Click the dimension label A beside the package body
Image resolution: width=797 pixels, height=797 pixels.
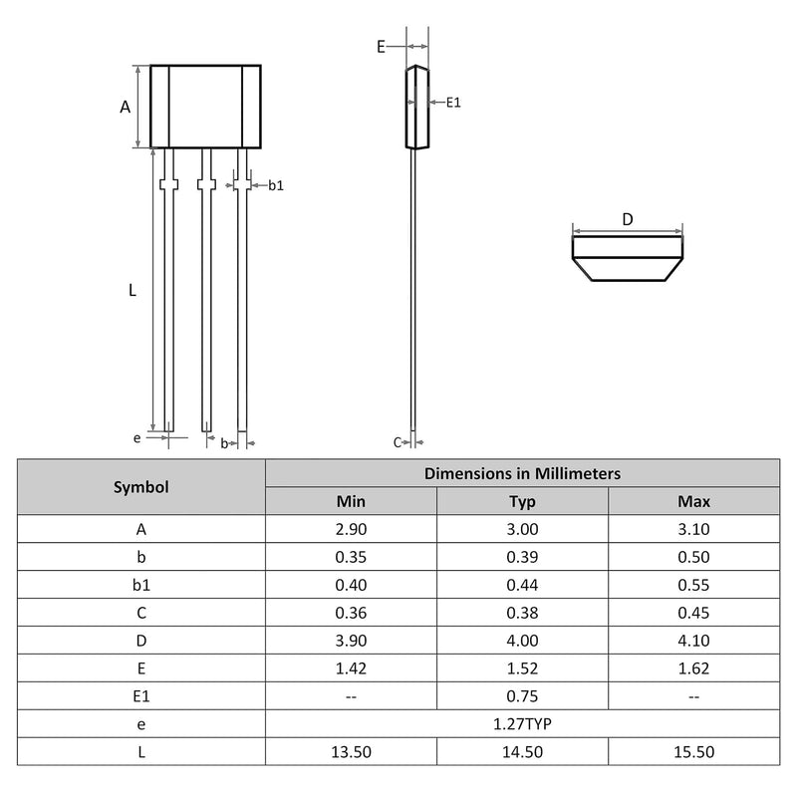click(x=126, y=107)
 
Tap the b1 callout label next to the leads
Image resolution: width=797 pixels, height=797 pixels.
click(x=276, y=185)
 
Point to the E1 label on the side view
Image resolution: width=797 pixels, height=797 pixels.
click(x=453, y=103)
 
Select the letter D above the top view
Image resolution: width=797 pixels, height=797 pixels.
click(x=628, y=219)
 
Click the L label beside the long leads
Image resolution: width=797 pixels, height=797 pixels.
click(x=133, y=290)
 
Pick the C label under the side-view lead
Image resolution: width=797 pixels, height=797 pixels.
click(x=398, y=442)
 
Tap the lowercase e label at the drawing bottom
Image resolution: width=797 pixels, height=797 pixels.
click(x=136, y=438)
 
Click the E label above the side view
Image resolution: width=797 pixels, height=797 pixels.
click(x=381, y=47)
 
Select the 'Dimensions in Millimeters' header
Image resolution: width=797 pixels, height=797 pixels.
click(x=522, y=474)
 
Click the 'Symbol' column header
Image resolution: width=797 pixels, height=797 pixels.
click(x=141, y=487)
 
